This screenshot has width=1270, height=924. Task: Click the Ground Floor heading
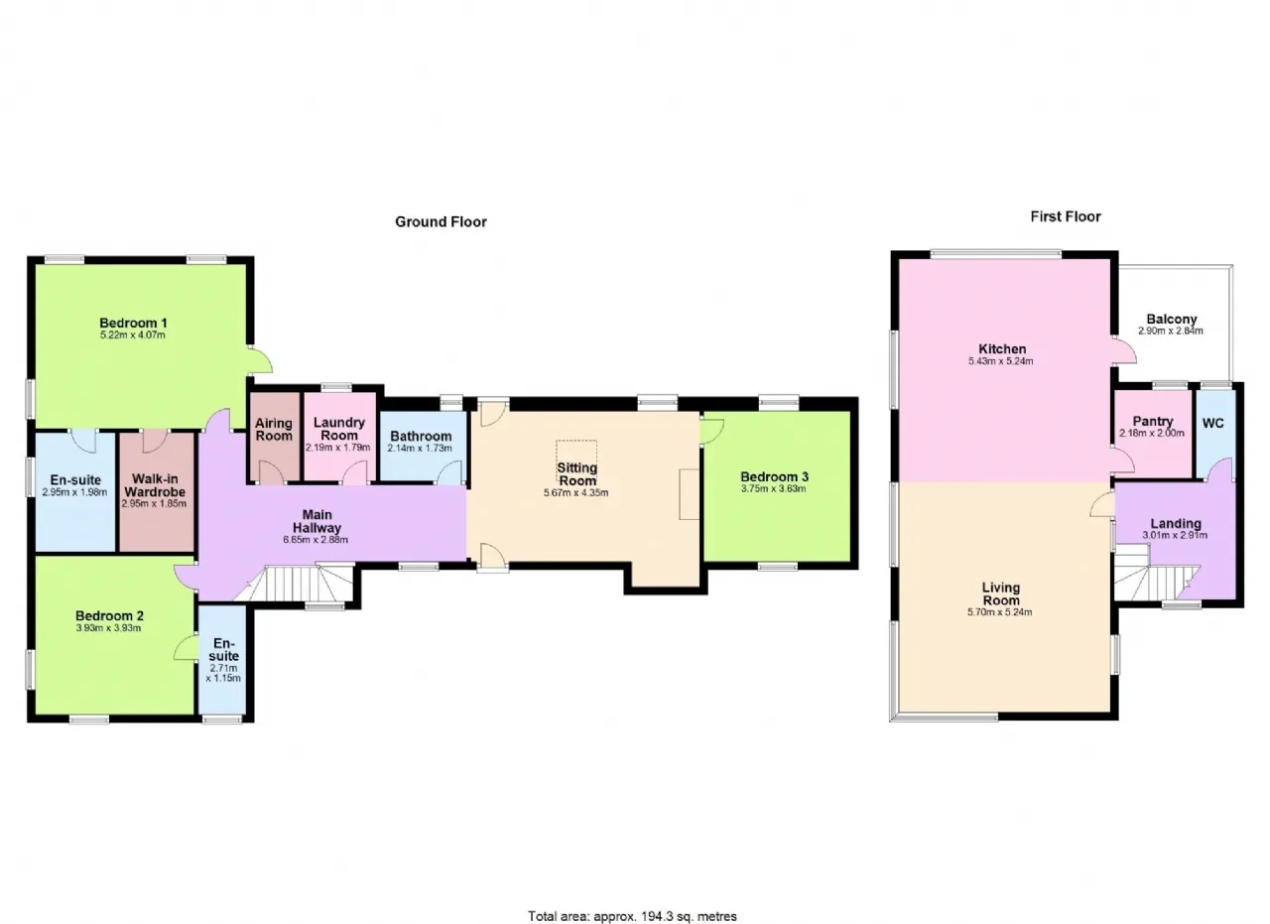coord(441,221)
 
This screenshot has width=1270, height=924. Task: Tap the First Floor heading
coord(1066,216)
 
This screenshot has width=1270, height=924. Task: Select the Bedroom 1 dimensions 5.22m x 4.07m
coord(133,335)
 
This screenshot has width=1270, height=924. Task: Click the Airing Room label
coord(274,430)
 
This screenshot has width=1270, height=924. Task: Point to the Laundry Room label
coord(339,429)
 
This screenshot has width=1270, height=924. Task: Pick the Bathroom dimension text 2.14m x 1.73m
coord(420,448)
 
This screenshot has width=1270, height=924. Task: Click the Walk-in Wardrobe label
coord(155,485)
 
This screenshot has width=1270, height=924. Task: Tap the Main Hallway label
coord(317,521)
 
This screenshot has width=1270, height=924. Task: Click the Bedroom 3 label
coord(774,477)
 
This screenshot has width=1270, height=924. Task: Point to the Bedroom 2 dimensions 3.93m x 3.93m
coord(108,628)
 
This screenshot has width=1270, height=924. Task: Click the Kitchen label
coord(1002,348)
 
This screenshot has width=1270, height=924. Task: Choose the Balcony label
coord(1172,320)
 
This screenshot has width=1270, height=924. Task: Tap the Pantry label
coord(1153,422)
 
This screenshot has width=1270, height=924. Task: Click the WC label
coord(1212,423)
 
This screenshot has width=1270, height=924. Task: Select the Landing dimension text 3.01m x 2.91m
coord(1174,536)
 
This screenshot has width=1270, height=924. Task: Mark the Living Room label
coord(1001,594)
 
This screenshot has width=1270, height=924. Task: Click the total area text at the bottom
coord(632,900)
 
